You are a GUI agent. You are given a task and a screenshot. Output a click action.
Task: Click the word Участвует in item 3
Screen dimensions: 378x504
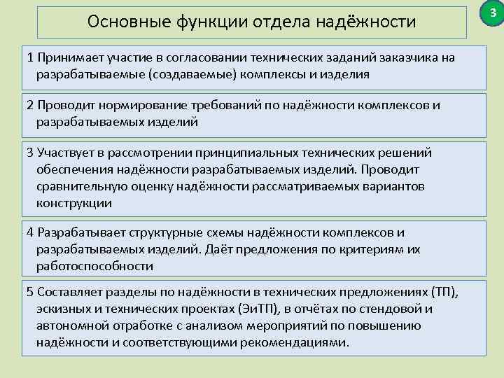(x=65, y=153)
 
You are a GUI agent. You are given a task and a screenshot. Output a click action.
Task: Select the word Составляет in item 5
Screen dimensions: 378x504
(x=70, y=292)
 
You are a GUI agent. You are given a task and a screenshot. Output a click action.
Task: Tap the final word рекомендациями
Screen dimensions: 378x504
(x=300, y=342)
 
